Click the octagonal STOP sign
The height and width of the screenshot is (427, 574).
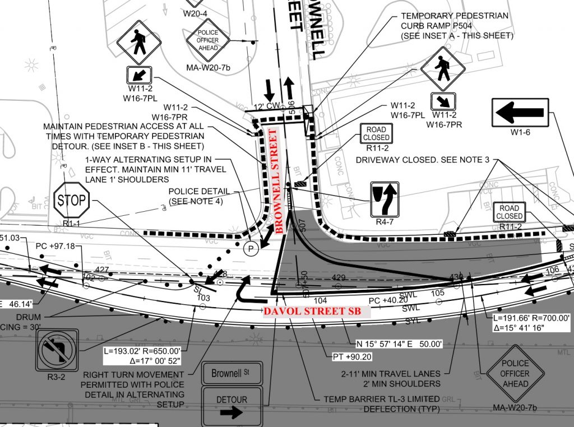[72, 199]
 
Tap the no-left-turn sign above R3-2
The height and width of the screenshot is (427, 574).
[54, 350]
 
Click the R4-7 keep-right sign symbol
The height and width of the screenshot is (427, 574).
[385, 199]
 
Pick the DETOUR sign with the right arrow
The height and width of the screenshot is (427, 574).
[232, 406]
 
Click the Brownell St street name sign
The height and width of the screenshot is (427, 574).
[232, 373]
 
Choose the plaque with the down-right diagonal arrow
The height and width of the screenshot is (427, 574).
[443, 101]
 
